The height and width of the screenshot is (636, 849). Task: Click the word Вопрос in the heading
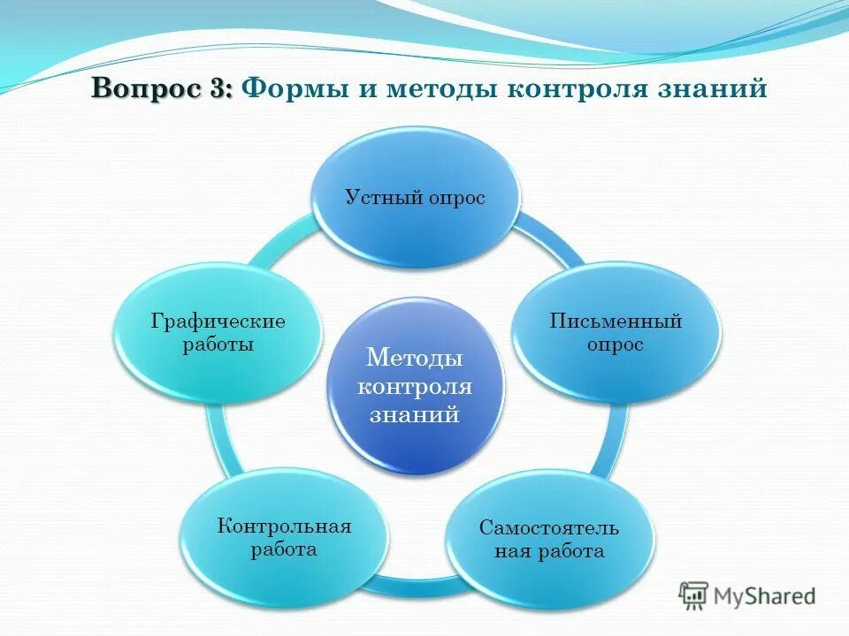coord(145,89)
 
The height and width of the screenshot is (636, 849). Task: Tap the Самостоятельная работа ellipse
coord(549,540)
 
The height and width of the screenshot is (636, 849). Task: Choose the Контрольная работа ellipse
coord(284,538)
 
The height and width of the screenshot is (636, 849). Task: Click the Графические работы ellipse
coord(218,332)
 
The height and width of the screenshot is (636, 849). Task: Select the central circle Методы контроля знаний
coord(415,386)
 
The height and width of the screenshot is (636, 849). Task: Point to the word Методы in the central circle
coord(415,359)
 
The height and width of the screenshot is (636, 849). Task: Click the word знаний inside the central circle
coord(415,414)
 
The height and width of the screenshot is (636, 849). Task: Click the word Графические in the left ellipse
coord(218,321)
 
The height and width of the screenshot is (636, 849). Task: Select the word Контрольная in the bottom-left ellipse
coord(284,526)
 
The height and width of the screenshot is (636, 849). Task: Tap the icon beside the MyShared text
coord(693,595)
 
